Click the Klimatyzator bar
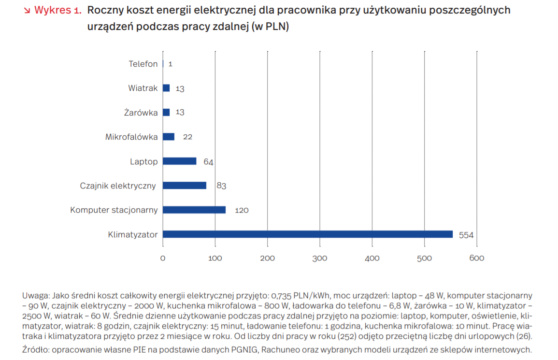pyautogui.click(x=308, y=234)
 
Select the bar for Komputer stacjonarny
pyautogui.click(x=194, y=210)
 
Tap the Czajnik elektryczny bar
pyautogui.click(x=185, y=186)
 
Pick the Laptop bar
pyautogui.click(x=180, y=161)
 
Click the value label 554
pyautogui.click(x=466, y=235)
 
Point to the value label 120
pyautogui.click(x=242, y=210)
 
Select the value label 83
pyautogui.click(x=221, y=186)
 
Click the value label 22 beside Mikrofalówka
pyautogui.click(x=187, y=137)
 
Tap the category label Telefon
pyautogui.click(x=143, y=64)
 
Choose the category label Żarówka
pyautogui.click(x=140, y=113)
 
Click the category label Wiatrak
pyautogui.click(x=143, y=88)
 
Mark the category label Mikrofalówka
pyautogui.click(x=131, y=137)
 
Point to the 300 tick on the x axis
pyautogui.click(x=319, y=259)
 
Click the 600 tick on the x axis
pyautogui.click(x=476, y=259)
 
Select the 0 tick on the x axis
pyautogui.click(x=163, y=259)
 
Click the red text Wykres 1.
pyautogui.click(x=57, y=11)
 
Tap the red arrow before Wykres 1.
pyautogui.click(x=27, y=11)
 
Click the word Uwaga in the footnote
pyautogui.click(x=34, y=295)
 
